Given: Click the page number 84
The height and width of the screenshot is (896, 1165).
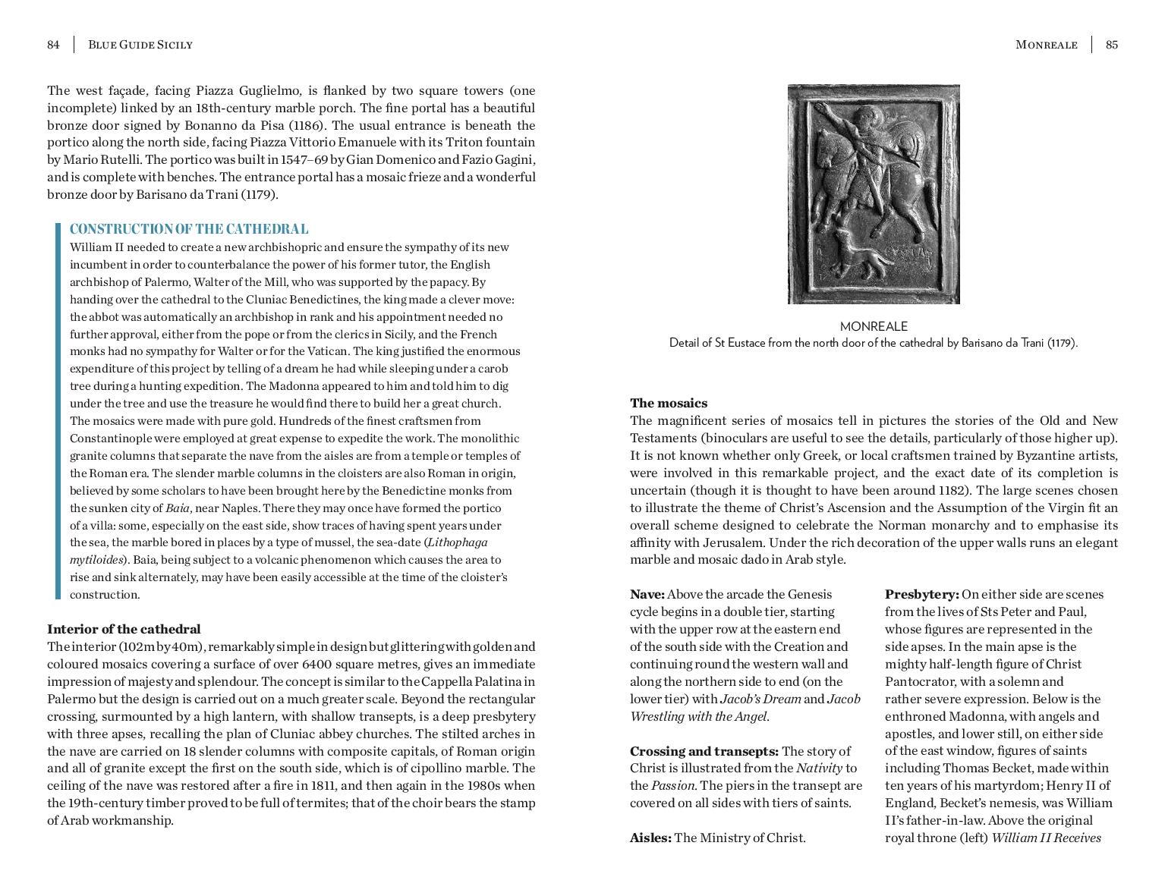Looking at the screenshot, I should (x=53, y=45).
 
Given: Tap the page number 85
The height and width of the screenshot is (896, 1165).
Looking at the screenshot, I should (x=1111, y=45).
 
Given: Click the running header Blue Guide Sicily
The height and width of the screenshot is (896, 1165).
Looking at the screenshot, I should (x=140, y=45).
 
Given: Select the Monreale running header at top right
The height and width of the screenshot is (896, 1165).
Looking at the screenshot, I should (x=1046, y=45).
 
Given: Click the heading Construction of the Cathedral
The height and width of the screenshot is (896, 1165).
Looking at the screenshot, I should (x=189, y=229).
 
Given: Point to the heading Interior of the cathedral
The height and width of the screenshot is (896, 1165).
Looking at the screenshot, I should (x=124, y=629).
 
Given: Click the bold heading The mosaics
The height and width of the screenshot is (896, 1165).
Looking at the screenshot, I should (x=668, y=403).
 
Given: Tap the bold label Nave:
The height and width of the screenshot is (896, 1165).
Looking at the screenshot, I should (x=647, y=594).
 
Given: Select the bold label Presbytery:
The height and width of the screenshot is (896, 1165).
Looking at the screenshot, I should (x=921, y=594).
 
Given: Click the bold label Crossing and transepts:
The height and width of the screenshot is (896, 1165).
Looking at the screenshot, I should (x=704, y=751).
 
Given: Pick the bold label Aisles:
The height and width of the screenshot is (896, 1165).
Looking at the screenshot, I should (x=650, y=838).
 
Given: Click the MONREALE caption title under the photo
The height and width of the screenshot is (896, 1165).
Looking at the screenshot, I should (x=874, y=326).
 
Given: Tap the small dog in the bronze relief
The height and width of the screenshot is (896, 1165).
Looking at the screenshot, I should (x=858, y=254).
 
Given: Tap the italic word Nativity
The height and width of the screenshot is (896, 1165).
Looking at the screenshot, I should (x=819, y=769).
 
